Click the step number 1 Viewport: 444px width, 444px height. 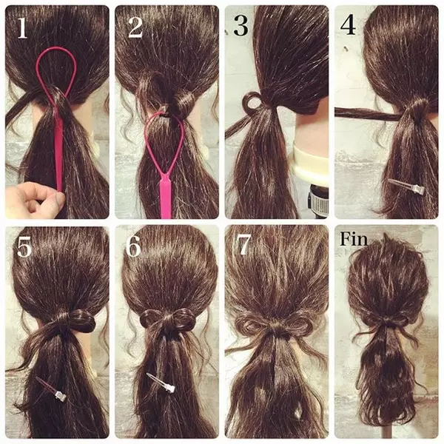coord(22,28)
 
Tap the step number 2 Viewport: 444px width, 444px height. coord(135,28)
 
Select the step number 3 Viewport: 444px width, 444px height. coord(241,27)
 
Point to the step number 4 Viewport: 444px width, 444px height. coord(348,24)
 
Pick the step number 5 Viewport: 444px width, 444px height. coord(24,247)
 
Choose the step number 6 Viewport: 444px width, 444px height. coord(133,246)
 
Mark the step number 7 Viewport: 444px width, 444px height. coord(244,245)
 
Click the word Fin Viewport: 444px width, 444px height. coord(354,239)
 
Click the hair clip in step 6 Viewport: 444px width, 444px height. coord(161,383)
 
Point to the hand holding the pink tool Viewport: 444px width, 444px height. coord(31,200)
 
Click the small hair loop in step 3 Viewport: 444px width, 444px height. coord(252,103)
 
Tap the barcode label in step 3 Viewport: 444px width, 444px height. coord(318,201)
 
